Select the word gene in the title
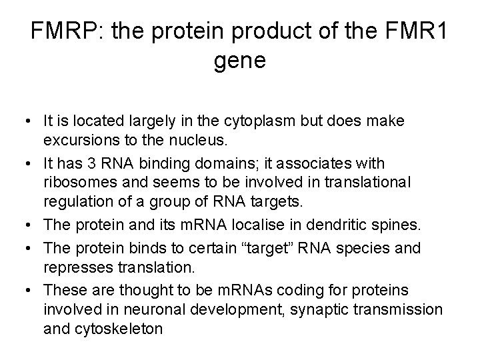pos(240,60)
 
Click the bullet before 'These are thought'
pos(30,290)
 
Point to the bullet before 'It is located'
pos(30,122)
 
